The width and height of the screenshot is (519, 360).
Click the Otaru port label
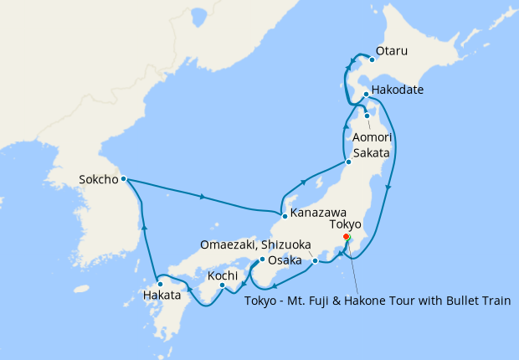tap(392, 51)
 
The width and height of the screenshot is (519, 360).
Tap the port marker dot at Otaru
tap(373, 59)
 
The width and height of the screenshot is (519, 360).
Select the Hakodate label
tap(397, 90)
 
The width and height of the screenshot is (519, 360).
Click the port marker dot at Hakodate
tap(367, 95)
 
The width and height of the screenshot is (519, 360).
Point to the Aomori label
tap(370, 136)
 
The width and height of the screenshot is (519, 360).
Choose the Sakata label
tap(371, 153)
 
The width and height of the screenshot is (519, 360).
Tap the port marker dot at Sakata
tap(348, 162)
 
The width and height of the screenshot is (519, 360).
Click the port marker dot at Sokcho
tap(123, 178)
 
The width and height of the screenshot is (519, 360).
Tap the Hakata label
tap(162, 295)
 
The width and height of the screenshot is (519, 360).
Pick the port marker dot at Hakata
tap(160, 285)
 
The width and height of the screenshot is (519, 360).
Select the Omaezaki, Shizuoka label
tap(255, 244)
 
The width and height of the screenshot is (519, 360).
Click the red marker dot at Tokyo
tap(346, 237)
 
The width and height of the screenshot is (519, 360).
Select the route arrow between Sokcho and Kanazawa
tap(203, 198)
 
